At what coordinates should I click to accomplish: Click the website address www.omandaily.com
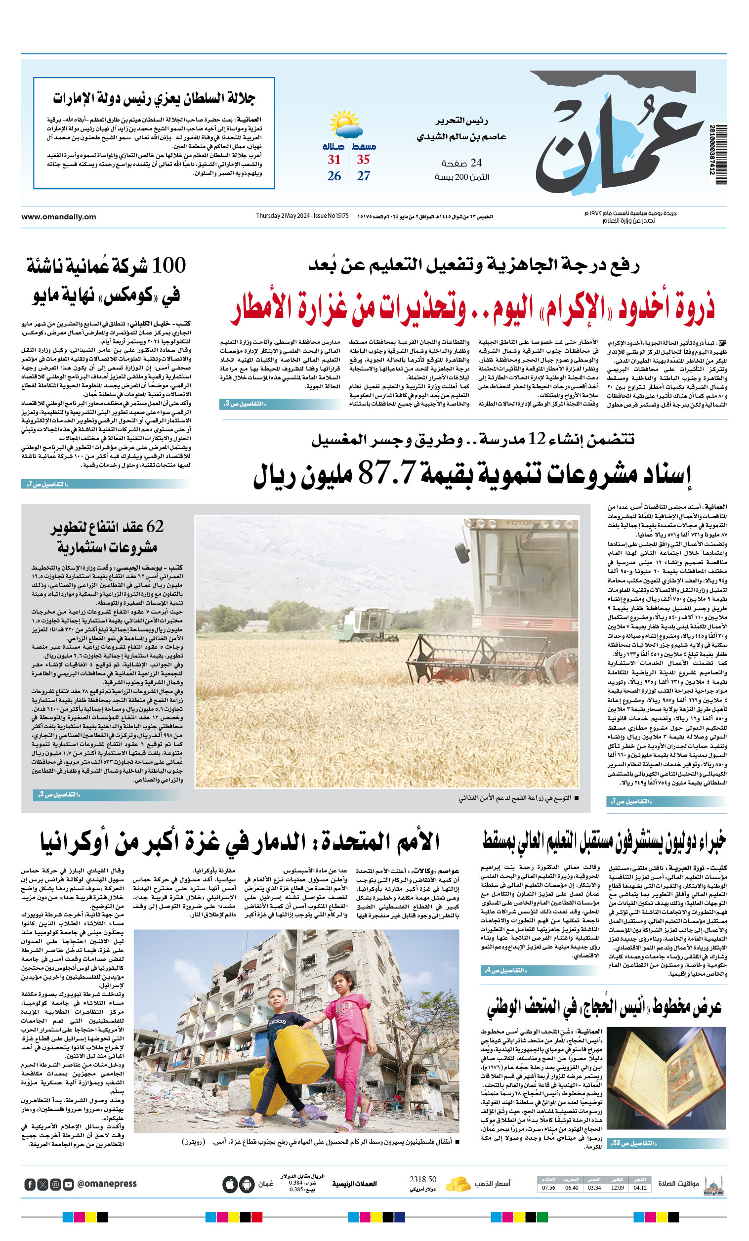[x=58, y=217]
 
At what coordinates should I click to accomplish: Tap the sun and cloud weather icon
[x=346, y=124]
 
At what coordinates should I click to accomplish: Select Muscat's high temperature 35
[x=363, y=160]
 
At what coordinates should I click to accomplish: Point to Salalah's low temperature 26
[x=334, y=176]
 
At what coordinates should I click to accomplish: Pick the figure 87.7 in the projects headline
[x=386, y=472]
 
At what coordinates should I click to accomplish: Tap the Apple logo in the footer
[x=229, y=1184]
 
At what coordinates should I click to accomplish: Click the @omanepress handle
[x=107, y=1184]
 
